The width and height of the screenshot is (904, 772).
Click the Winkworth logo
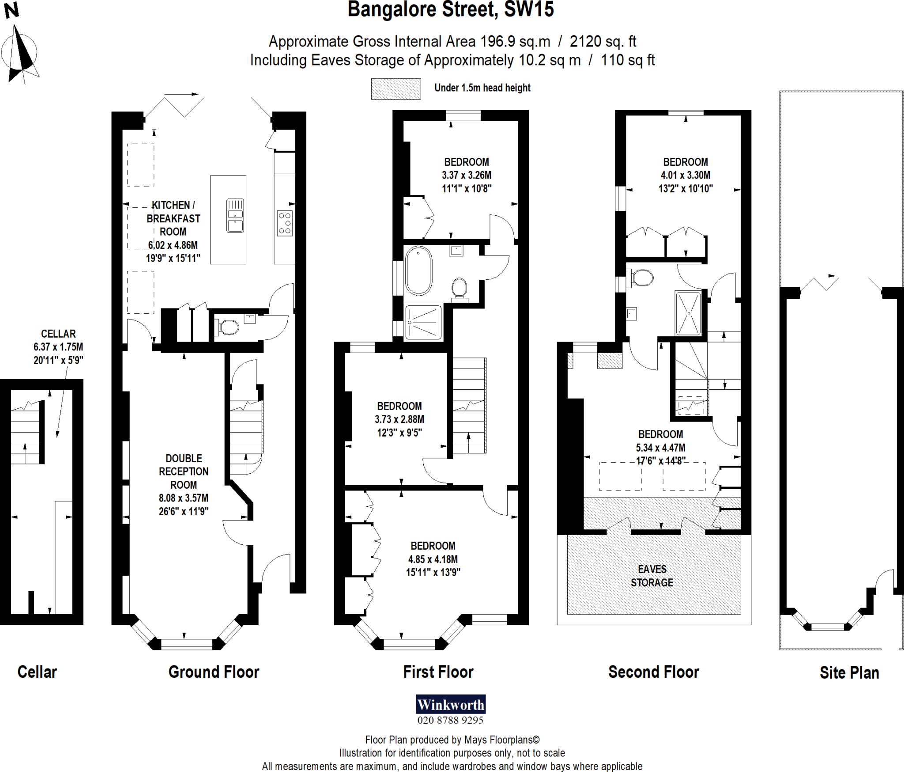tap(450, 704)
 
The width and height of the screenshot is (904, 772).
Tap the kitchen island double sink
tap(235, 216)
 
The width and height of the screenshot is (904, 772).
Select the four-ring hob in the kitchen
tap(285, 223)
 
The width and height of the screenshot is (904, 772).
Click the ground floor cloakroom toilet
tap(229, 327)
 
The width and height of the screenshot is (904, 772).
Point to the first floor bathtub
tap(418, 271)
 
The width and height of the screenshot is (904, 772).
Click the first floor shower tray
tap(423, 322)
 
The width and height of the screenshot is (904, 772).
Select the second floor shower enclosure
tap(688, 313)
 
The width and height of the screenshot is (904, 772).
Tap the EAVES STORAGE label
tap(652, 576)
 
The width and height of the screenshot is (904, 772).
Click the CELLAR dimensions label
tap(58, 347)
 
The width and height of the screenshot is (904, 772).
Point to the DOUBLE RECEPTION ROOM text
tap(184, 472)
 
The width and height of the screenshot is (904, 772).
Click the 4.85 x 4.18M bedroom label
tap(433, 559)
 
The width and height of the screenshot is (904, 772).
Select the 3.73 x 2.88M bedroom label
tap(399, 419)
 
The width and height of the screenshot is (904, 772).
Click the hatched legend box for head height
tap(395, 89)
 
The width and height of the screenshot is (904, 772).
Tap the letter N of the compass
tap(11, 10)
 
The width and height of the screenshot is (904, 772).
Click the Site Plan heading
tap(849, 673)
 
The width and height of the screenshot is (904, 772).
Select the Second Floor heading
tap(653, 672)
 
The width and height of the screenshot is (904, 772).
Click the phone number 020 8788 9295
tap(450, 720)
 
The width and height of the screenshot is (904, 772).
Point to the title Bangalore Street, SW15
tap(450, 10)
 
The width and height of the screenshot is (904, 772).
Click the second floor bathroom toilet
tap(643, 278)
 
